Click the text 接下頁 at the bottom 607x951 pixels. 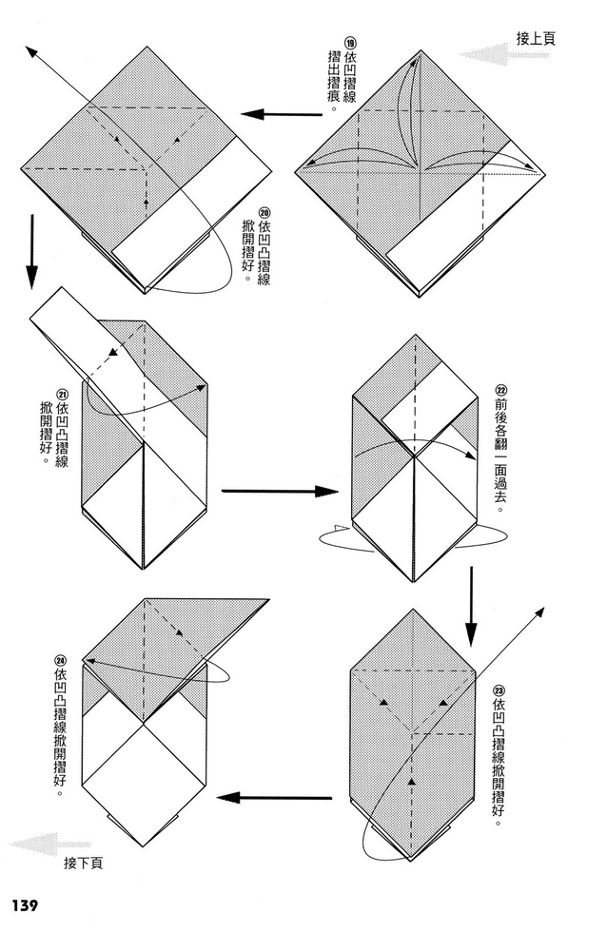pos(84,863)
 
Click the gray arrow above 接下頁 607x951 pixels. pos(48,842)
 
